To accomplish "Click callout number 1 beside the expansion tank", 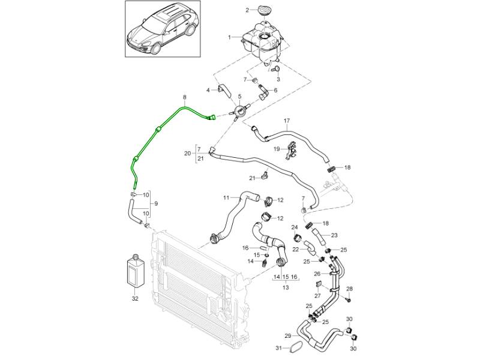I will click(229, 37).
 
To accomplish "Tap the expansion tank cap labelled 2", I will click(265, 10).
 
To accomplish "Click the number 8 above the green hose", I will click(184, 97).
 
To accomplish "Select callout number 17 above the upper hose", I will click(286, 121).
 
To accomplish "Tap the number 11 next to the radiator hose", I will click(226, 198).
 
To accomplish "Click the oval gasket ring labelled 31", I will click(296, 347).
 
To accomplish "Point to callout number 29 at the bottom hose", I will click(288, 335).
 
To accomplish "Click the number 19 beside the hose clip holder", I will click(277, 148).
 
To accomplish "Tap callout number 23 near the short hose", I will click(334, 235).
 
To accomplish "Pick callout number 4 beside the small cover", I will click(208, 91).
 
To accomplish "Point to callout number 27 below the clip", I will click(318, 295).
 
